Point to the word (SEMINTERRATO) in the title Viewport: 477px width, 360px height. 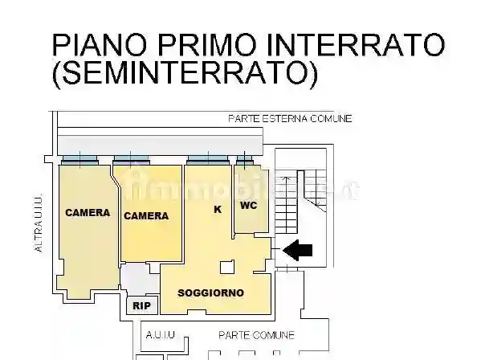(185, 74)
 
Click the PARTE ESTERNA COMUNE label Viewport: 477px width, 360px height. (290, 119)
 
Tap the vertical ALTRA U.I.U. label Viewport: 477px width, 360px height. (38, 223)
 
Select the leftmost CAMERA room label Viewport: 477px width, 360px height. (88, 213)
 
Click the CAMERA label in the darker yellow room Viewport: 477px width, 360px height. (146, 215)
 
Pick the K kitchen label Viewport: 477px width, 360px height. (217, 210)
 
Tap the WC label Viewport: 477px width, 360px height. (247, 206)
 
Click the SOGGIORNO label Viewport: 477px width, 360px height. (210, 292)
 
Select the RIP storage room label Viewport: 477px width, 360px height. (141, 306)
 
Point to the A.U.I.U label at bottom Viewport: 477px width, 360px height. (160, 335)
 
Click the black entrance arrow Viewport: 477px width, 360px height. (298, 251)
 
